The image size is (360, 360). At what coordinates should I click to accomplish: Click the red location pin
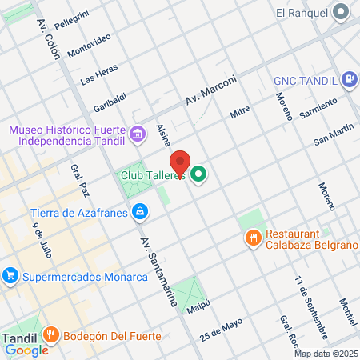tap(181, 163)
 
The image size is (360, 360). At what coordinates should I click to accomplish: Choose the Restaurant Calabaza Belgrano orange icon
tap(252, 238)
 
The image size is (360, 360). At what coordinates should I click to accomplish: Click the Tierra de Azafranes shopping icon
tap(140, 212)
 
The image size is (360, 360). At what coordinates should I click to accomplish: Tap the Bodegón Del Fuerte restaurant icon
tap(51, 335)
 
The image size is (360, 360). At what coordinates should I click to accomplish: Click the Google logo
tap(26, 350)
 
